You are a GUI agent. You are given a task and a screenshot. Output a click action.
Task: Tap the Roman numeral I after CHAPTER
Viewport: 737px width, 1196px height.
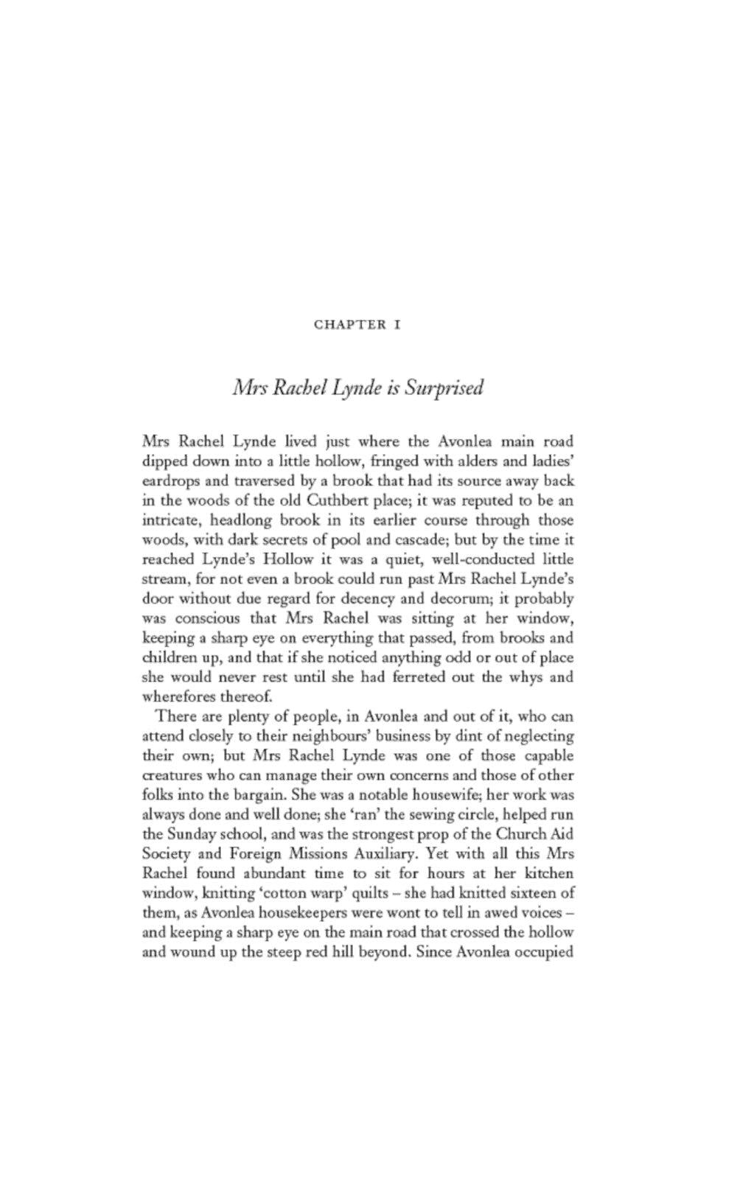click(397, 324)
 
